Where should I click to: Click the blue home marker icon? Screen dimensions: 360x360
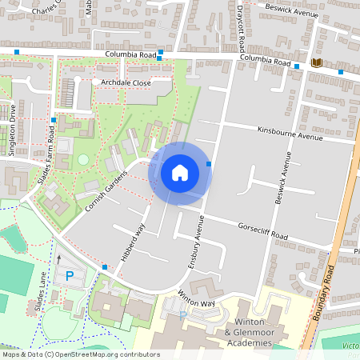coord(180,172)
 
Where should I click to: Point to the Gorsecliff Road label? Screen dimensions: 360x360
coord(262,231)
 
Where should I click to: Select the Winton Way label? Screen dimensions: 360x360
coord(197,298)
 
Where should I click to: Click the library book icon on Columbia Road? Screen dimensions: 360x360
coord(317,63)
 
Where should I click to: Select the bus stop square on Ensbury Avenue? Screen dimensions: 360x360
coord(209,164)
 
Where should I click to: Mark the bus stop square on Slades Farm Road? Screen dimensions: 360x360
coord(54,120)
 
